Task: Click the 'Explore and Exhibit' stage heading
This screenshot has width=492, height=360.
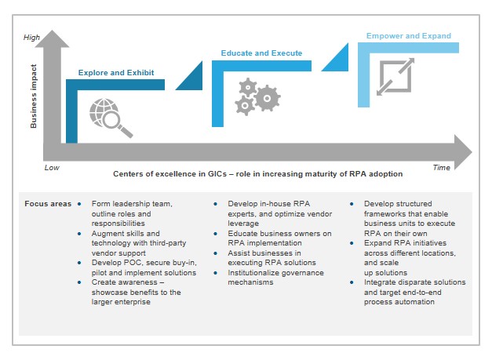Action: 121,73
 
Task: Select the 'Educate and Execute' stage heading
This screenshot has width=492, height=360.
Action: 261,53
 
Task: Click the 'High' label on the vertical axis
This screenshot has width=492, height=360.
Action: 32,37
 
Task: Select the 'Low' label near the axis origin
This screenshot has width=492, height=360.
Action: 52,168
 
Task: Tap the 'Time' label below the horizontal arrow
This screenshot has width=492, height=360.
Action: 443,168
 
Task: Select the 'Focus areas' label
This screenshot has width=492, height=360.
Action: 48,203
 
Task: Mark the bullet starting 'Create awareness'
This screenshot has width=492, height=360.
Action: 135,297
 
